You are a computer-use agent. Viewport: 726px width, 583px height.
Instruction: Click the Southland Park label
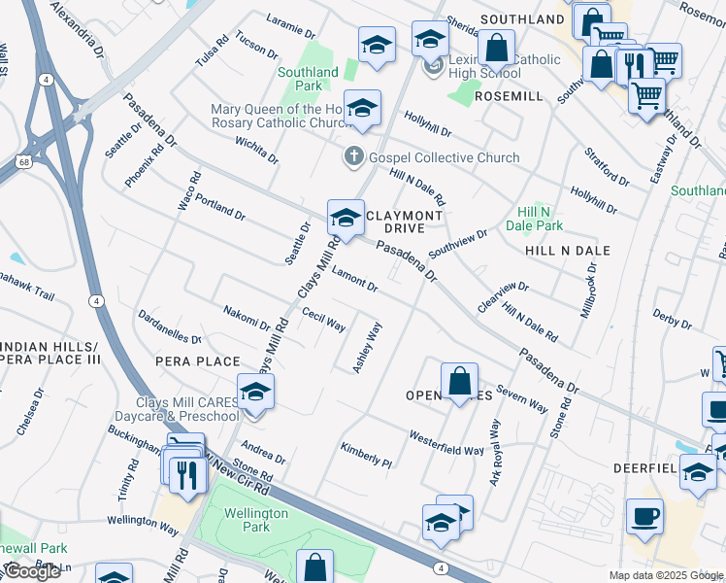click(x=308, y=79)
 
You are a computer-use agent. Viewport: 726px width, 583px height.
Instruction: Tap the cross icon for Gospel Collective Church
click(x=354, y=156)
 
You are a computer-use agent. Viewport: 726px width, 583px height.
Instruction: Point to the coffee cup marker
click(x=643, y=516)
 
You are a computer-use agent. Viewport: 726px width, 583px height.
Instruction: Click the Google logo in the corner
click(x=32, y=572)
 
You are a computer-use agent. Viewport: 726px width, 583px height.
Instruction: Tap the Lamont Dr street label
click(x=354, y=279)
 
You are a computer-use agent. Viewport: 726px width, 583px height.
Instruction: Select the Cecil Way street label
click(x=323, y=320)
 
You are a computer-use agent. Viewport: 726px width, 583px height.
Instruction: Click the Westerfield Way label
click(x=445, y=443)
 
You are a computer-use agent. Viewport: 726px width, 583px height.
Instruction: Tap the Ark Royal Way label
click(x=495, y=453)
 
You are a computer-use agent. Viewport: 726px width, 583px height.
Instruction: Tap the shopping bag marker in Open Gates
click(x=459, y=379)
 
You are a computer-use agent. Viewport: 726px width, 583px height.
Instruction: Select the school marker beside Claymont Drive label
click(x=345, y=217)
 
